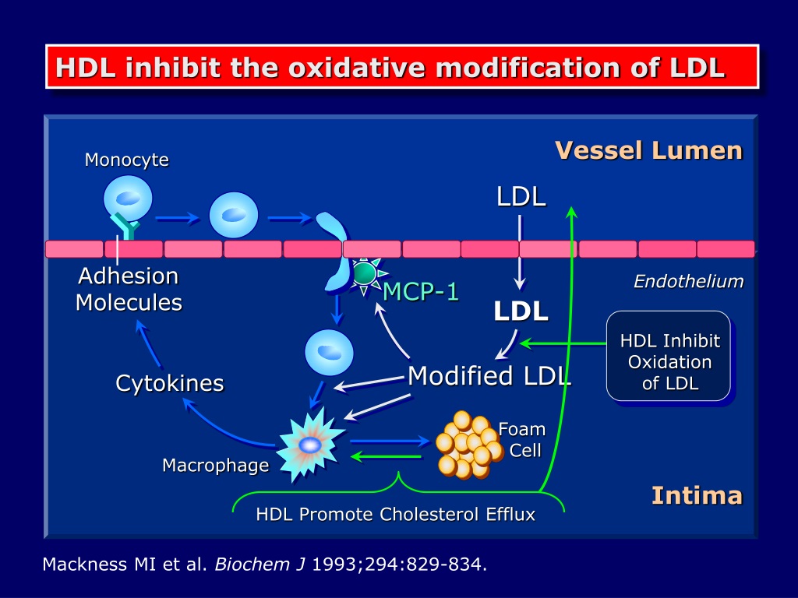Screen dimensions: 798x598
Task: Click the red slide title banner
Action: [402, 67]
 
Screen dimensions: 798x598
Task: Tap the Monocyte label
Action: [127, 160]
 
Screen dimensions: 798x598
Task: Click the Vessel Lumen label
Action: [649, 150]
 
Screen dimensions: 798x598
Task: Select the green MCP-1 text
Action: [420, 291]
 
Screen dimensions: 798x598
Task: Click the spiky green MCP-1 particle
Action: [365, 275]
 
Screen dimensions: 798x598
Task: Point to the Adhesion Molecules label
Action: [129, 289]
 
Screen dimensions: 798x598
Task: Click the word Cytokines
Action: [169, 383]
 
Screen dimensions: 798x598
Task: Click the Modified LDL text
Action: [489, 376]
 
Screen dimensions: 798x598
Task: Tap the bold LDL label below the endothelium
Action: [521, 311]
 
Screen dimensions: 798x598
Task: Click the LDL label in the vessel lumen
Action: [521, 196]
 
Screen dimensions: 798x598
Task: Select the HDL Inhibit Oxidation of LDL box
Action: [669, 356]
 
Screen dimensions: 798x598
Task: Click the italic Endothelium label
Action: [689, 281]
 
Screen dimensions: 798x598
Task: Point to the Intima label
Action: [697, 495]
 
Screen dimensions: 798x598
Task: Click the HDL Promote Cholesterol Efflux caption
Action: [395, 514]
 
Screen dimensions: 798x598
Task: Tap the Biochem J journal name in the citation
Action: [260, 565]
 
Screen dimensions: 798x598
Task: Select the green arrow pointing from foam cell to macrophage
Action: [387, 456]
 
